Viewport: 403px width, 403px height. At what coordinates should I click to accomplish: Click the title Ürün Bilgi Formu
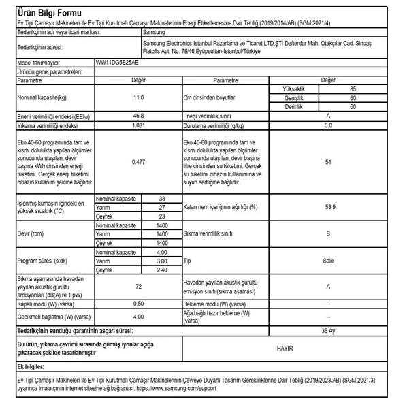coord(49,13)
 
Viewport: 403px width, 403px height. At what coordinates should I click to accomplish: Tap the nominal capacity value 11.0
coord(138,98)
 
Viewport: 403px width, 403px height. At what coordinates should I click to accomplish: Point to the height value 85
coord(353,89)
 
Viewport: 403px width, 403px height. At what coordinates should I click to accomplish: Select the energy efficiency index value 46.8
coord(138,116)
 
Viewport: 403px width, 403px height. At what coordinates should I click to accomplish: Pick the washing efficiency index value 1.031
coord(138,125)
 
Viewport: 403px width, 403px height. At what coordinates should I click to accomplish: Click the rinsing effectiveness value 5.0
coord(328,125)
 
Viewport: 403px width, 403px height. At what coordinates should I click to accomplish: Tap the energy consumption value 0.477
coord(138,162)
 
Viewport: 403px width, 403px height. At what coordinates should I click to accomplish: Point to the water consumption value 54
coord(328,162)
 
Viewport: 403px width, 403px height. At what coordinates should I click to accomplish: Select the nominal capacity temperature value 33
coord(162,198)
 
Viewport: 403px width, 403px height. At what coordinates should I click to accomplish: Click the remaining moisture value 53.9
coord(328,207)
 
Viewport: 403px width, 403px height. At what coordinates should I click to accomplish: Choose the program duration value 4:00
coord(162,252)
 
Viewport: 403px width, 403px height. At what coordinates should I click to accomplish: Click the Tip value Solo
coord(328,261)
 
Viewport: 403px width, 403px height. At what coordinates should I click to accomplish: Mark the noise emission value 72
coord(138,287)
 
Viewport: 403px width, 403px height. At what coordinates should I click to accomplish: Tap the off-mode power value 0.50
coord(138,304)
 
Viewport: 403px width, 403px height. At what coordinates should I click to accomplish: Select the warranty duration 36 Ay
coord(328,330)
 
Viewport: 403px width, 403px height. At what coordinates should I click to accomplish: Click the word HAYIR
coord(285,347)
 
